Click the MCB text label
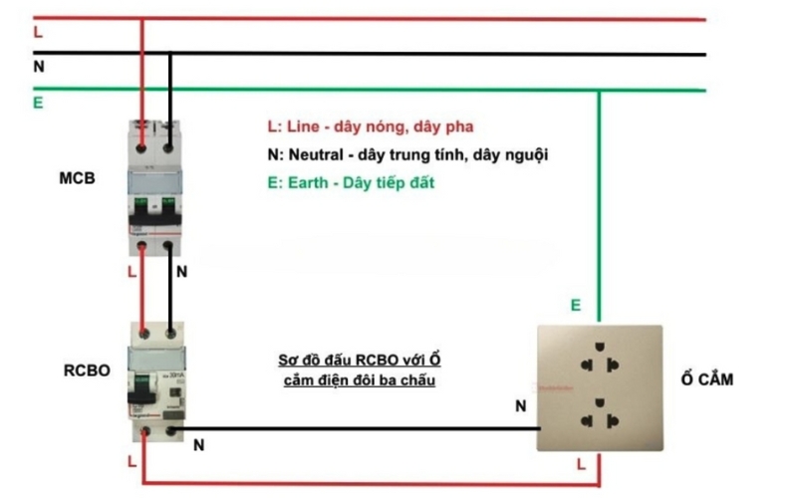(78, 178)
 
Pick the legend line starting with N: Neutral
(406, 155)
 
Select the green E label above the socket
(575, 306)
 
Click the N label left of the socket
(520, 406)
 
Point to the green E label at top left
(38, 103)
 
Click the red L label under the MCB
(133, 270)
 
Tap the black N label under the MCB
(180, 271)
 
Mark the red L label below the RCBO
(132, 462)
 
